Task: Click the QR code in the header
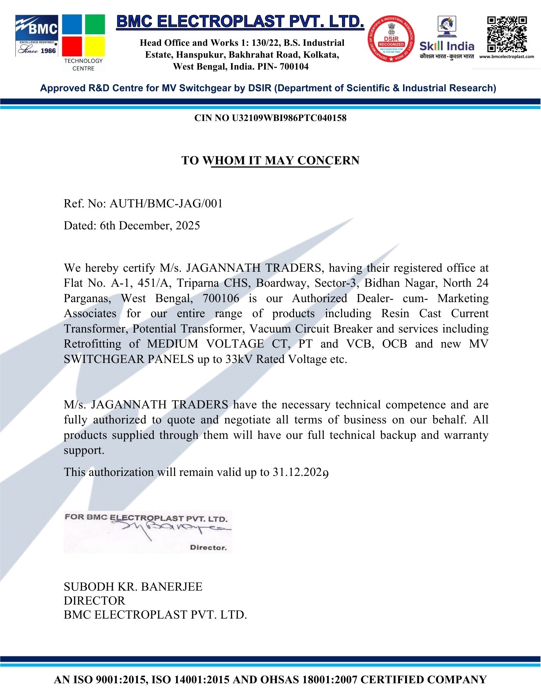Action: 507,34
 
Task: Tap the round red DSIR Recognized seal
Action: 391,39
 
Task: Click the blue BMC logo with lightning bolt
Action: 37,35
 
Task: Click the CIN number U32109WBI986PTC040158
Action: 289,118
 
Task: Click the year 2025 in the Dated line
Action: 188,226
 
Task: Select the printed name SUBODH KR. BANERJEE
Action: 133,586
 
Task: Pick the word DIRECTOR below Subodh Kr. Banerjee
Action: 94,600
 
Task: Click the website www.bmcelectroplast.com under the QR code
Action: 506,57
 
